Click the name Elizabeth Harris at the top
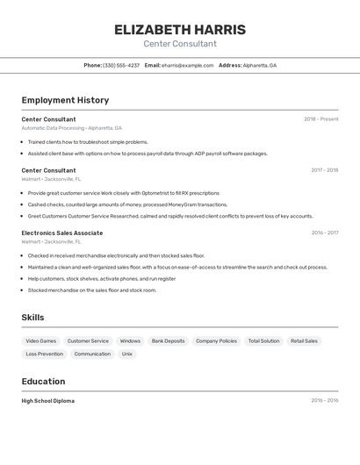(180, 30)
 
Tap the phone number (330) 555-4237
(121, 65)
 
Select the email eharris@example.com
(187, 65)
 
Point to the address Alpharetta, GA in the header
(260, 65)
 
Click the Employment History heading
(65, 100)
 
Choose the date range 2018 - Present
(320, 119)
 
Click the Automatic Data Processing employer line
(71, 128)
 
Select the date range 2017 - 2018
(324, 170)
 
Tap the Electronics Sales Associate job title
(61, 232)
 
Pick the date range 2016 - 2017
(324, 232)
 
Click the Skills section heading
(32, 318)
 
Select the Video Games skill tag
(40, 340)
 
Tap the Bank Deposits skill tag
(168, 340)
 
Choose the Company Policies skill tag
(216, 340)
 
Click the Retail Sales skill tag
(304, 340)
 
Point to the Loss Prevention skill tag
(44, 354)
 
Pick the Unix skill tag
(127, 354)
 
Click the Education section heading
(43, 382)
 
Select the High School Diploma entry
(47, 401)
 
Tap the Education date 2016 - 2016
(324, 401)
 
